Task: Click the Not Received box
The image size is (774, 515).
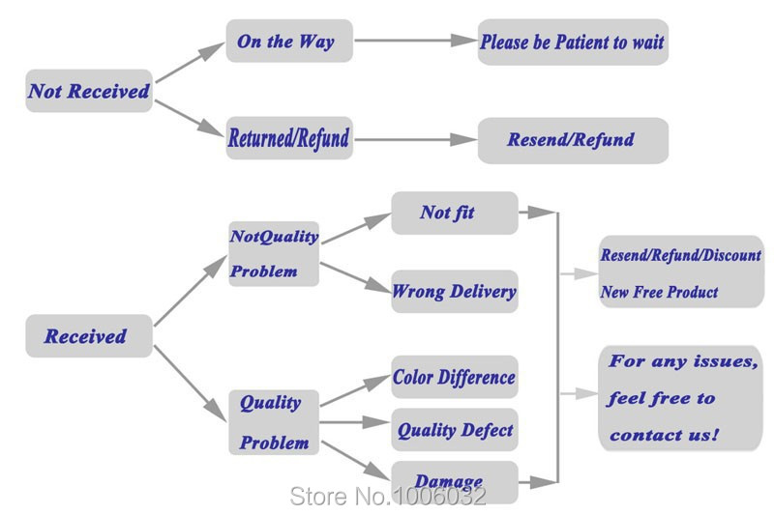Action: click(89, 91)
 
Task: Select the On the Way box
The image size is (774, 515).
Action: click(289, 41)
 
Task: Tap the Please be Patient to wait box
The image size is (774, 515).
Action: click(573, 42)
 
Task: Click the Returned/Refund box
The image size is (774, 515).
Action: click(289, 138)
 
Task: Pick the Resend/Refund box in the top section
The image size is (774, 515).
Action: click(573, 140)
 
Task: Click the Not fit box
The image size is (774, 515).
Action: click(455, 213)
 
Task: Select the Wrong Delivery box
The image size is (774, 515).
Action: click(455, 291)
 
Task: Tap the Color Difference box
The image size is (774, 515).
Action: click(455, 377)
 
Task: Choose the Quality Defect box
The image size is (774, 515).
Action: click(455, 430)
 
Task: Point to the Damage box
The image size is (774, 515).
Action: click(455, 482)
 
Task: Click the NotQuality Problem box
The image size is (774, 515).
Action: click(274, 254)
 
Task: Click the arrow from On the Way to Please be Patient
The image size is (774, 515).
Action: click(416, 41)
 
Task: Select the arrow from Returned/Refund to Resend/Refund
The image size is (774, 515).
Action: click(416, 139)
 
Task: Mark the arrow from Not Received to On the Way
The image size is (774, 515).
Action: click(190, 62)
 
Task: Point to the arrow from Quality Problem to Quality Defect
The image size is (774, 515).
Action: click(355, 422)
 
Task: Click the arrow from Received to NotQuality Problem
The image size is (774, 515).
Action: click(191, 290)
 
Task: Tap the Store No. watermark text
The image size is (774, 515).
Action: click(388, 496)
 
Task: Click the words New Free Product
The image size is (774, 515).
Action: click(660, 292)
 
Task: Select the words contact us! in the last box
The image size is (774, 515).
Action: click(664, 435)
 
